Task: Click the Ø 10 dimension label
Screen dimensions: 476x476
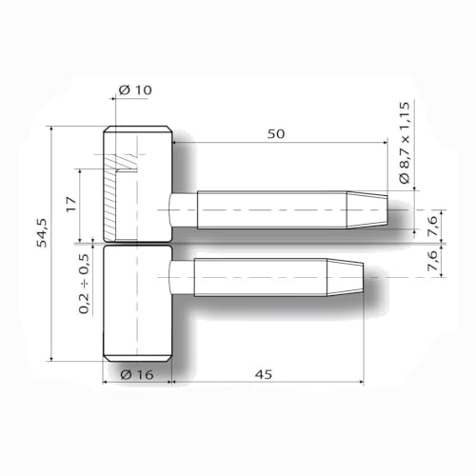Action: click(x=136, y=90)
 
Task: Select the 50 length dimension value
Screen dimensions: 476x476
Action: click(x=276, y=135)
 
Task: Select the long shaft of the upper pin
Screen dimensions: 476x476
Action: click(x=271, y=208)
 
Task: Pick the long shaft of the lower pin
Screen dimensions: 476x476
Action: click(x=257, y=277)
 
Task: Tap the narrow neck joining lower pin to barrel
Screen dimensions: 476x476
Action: click(x=182, y=277)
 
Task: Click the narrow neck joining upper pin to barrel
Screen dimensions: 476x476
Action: click(x=183, y=208)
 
